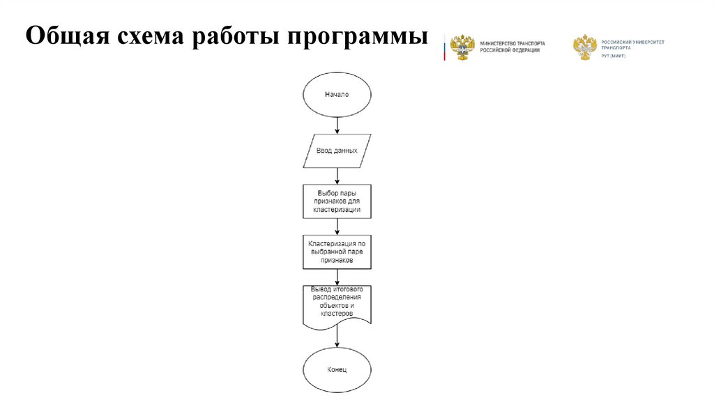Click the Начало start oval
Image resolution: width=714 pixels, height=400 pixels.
tap(337, 95)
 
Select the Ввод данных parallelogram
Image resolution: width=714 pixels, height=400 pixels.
tap(337, 151)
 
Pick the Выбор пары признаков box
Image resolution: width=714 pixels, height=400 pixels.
tap(337, 201)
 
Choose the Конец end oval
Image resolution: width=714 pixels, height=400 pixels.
tap(337, 369)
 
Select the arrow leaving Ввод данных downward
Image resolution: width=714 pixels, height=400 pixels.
tap(337, 176)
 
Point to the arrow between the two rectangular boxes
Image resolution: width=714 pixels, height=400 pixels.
tap(337, 226)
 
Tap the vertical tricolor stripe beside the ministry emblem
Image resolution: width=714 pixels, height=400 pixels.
tap(444, 47)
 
